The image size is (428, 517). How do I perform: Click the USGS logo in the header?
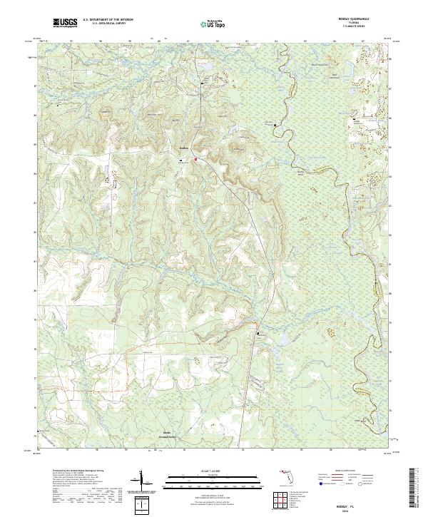[x=65, y=23]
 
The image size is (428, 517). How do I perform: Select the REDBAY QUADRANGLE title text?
[x=369, y=19]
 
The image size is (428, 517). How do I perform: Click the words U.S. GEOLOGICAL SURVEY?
[x=107, y=23]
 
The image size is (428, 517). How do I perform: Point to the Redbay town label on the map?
[x=183, y=148]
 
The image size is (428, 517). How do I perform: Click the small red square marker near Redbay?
[x=197, y=149]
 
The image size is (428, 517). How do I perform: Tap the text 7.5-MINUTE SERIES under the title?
[x=369, y=29]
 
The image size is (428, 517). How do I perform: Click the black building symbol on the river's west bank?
[x=279, y=128]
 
